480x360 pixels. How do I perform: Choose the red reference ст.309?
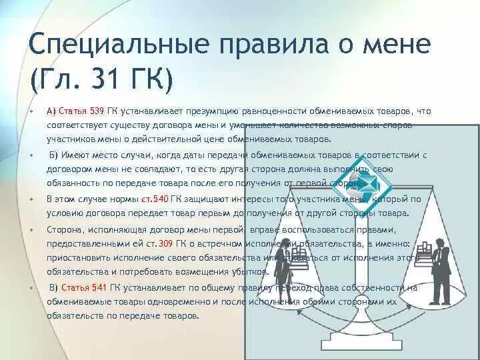point(166,243)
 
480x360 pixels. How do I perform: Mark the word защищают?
point(208,199)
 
